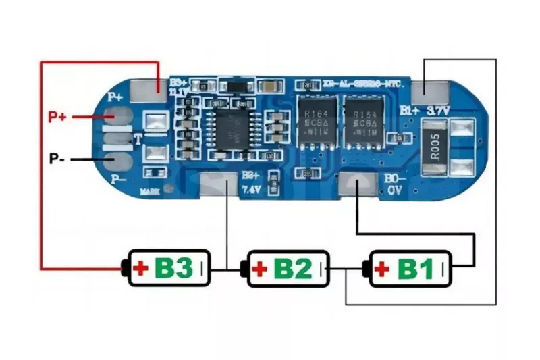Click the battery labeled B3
click(168, 269)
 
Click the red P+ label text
click(57, 116)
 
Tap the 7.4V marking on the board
click(250, 190)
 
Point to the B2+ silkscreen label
click(250, 176)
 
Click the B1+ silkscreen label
click(410, 109)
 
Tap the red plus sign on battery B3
click(141, 269)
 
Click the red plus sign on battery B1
click(382, 269)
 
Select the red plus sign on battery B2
click(260, 269)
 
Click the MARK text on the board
click(150, 192)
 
